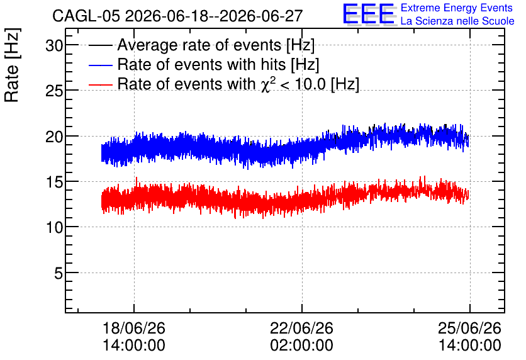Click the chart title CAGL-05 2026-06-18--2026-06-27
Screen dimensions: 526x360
tap(177, 16)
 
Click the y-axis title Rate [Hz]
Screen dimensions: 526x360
tap(12, 65)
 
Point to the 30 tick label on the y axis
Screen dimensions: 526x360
tap(54, 45)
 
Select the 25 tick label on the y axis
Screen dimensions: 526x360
tap(54, 91)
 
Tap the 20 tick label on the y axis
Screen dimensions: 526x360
tap(54, 137)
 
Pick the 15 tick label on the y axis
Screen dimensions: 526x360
tap(54, 182)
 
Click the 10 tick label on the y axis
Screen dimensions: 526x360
tap(54, 228)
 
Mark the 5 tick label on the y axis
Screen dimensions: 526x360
tap(59, 273)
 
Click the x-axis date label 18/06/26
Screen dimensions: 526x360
tap(134, 328)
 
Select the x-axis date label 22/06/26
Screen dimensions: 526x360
tap(301, 328)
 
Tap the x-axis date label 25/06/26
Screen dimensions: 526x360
tap(469, 328)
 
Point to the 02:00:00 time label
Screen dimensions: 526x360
tap(301, 345)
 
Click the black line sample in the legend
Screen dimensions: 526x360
tap(100, 45)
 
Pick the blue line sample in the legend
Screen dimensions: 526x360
tap(100, 65)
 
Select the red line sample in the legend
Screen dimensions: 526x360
tap(100, 84)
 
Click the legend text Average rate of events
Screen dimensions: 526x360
tap(199, 45)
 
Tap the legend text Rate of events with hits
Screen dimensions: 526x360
tap(201, 64)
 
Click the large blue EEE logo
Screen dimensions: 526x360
tap(369, 14)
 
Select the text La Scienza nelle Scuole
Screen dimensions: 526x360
tap(457, 21)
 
